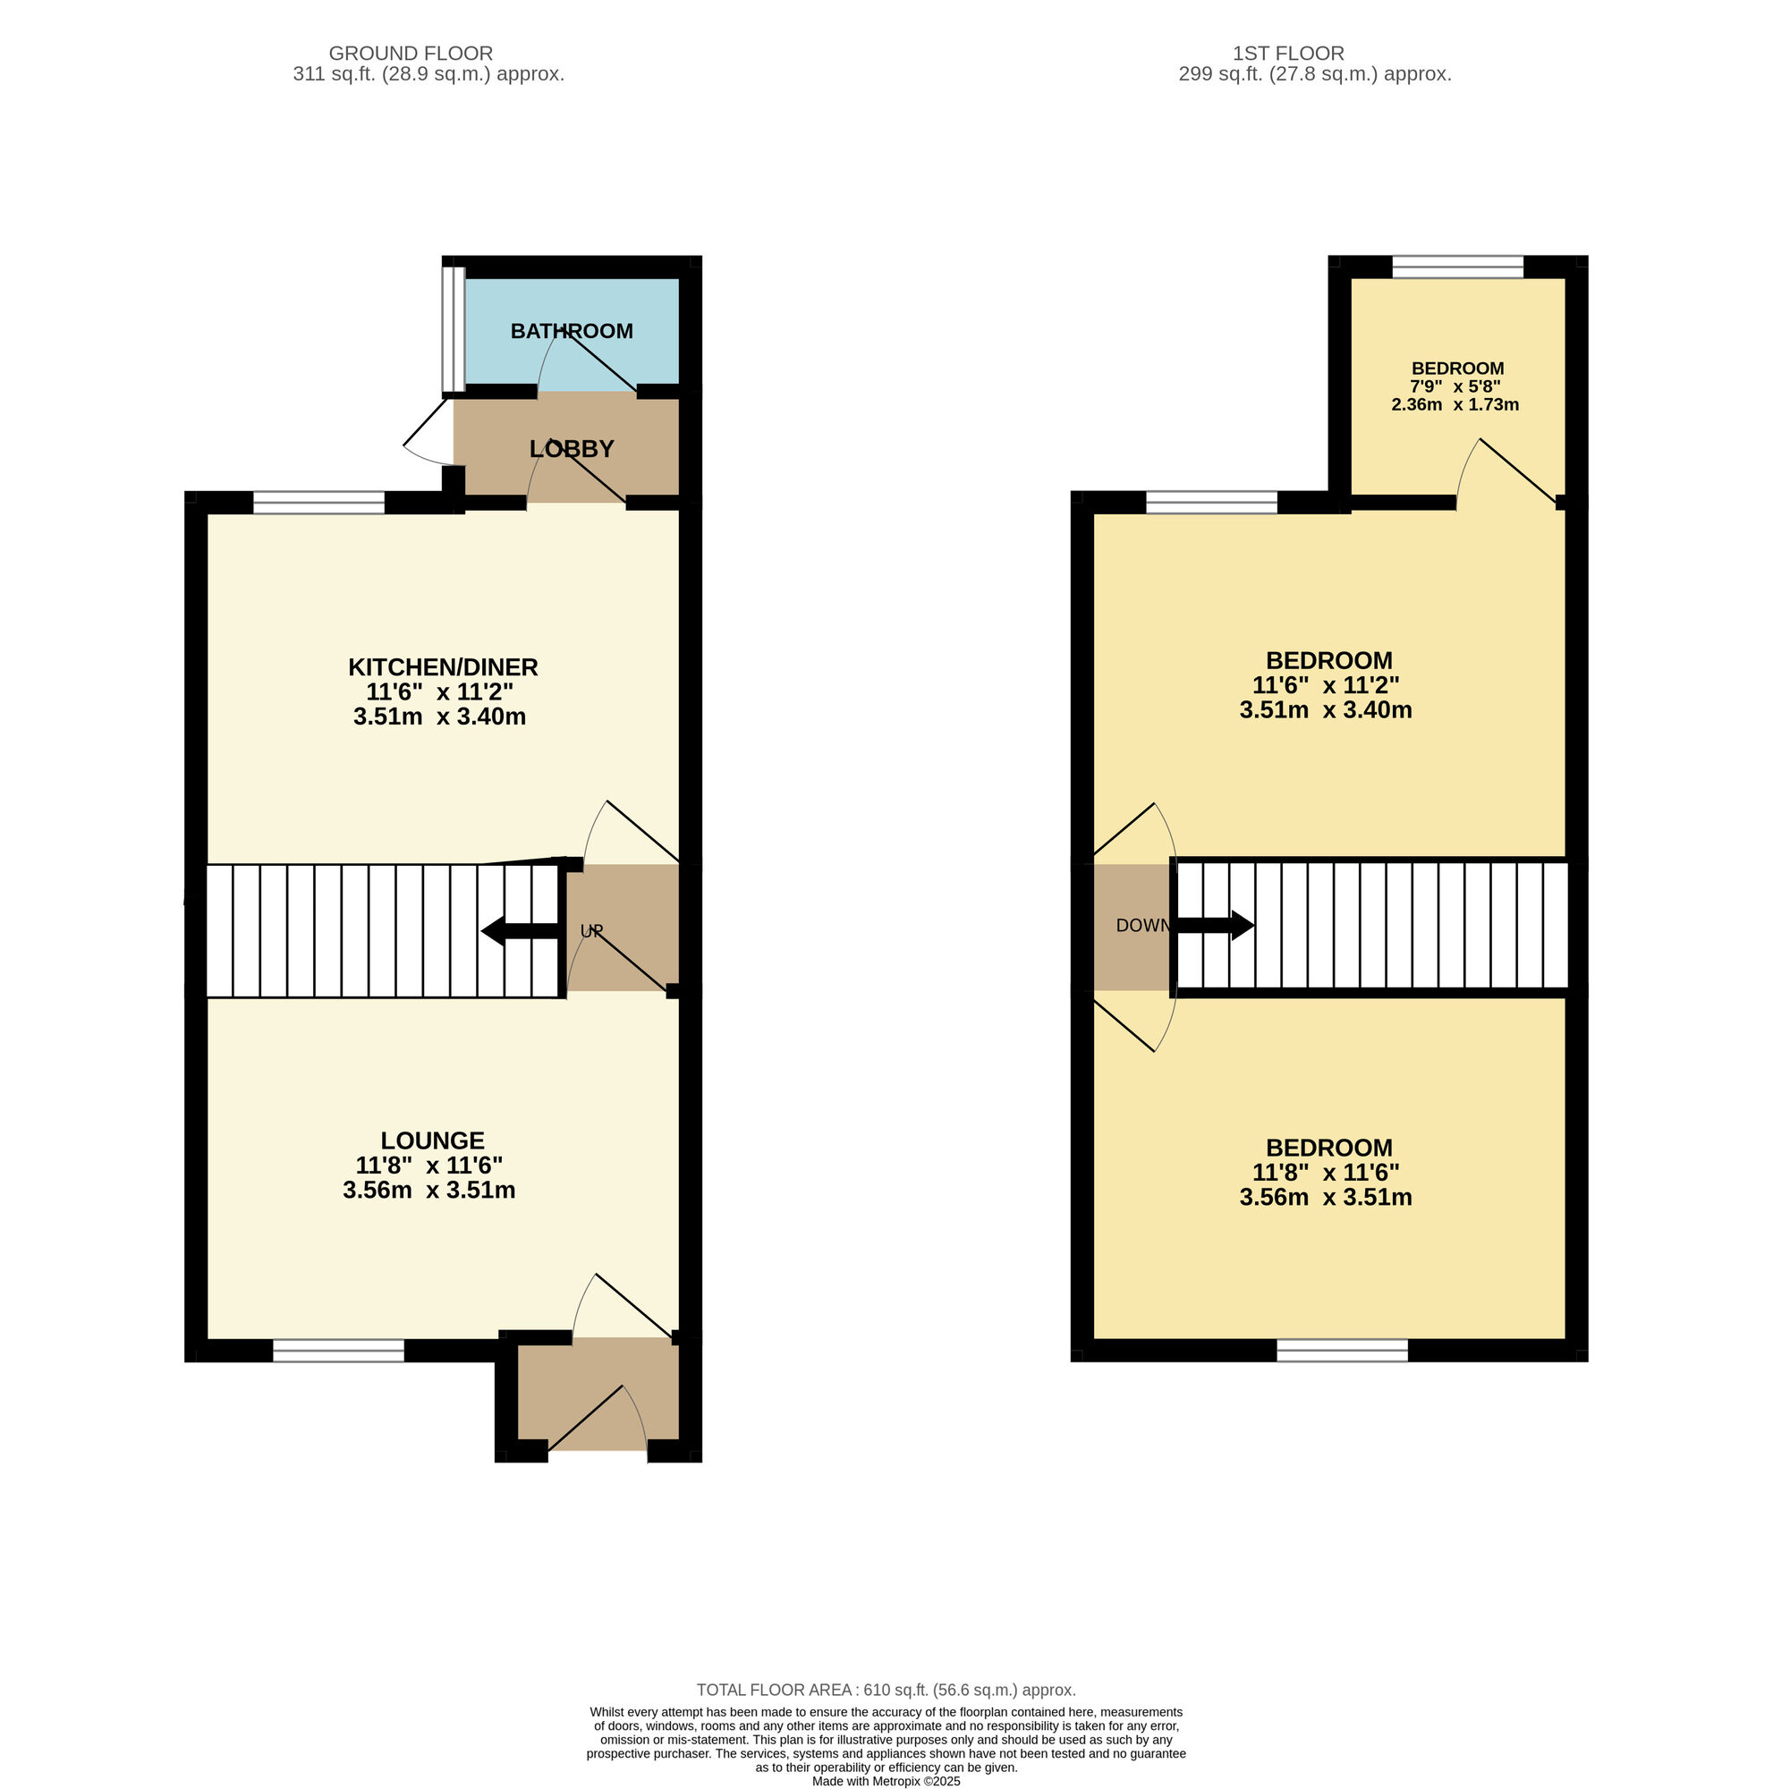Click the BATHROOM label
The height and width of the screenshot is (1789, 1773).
point(572,331)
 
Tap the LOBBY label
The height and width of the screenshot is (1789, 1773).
point(572,449)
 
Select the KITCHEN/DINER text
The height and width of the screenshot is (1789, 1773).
point(443,666)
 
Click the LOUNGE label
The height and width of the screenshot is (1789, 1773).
point(432,1140)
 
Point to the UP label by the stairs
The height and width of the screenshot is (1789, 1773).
point(590,931)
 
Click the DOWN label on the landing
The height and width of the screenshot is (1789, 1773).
point(1142,925)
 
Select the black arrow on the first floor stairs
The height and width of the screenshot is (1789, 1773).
point(1215,924)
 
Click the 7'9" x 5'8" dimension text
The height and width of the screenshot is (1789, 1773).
point(1455,386)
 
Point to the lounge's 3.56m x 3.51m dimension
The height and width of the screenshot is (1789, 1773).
point(428,1190)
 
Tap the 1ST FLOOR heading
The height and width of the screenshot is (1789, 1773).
point(1288,54)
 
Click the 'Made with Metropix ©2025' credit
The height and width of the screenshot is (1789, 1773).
point(885,1781)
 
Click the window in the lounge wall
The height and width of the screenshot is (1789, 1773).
point(339,1351)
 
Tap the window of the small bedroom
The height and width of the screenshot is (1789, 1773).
point(1457,267)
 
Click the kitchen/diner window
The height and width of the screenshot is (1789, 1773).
point(318,503)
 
